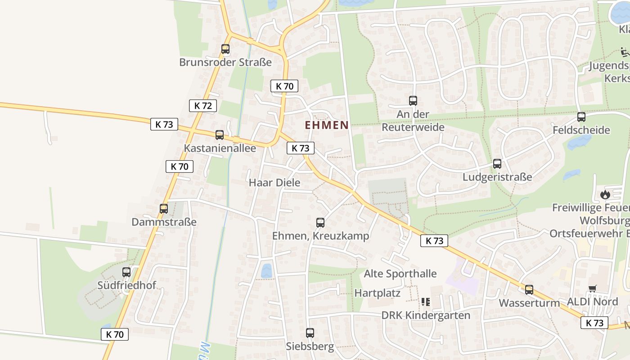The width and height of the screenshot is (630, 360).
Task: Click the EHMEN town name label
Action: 327,125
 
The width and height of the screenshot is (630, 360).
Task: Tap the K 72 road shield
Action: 203,106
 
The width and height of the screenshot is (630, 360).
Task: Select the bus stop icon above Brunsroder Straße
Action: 225,49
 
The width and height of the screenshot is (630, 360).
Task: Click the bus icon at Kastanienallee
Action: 220,135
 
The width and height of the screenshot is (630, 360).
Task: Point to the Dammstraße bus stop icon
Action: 164,209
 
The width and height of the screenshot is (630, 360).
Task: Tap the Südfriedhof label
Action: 127,285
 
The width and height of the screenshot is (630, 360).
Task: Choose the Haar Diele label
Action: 274,183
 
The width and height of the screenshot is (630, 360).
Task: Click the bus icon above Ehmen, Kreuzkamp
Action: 320,222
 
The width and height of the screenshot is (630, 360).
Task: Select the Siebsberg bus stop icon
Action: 310,333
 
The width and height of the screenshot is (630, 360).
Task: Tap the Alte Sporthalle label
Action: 400,274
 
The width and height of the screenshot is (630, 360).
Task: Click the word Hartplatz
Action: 378,293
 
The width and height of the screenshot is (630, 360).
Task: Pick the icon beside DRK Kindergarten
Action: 426,302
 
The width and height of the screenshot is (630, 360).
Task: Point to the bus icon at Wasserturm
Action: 529,290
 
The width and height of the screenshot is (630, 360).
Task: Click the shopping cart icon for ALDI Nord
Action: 593,288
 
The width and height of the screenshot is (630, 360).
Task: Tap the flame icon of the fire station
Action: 605,195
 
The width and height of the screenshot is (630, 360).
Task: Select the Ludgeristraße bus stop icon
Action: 497,164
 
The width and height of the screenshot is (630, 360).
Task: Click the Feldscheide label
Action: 581,130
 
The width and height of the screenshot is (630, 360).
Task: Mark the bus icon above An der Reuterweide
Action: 413,101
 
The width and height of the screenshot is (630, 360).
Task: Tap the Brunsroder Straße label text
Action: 225,62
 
